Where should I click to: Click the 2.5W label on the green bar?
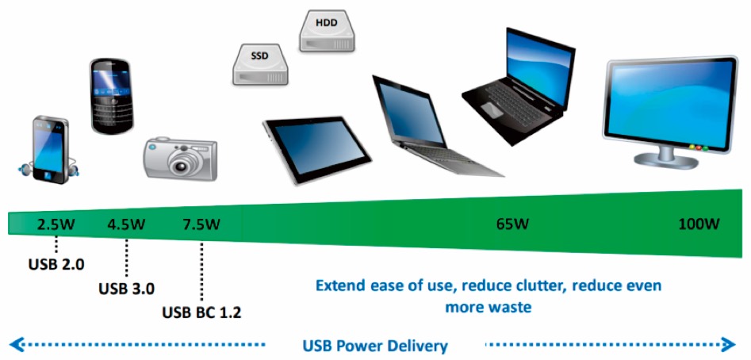click(x=56, y=224)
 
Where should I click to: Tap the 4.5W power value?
click(x=126, y=224)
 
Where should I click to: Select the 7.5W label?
click(x=201, y=224)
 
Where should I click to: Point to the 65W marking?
click(x=512, y=224)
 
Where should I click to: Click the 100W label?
click(x=699, y=224)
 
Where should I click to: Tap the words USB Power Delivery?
click(x=375, y=346)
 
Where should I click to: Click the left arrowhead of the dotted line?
click(x=15, y=344)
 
